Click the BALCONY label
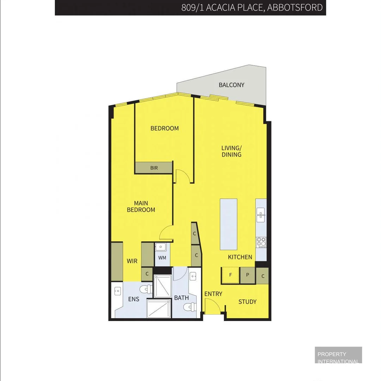[x=231, y=85]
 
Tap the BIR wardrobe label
[x=154, y=168]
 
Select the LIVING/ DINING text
[x=231, y=151]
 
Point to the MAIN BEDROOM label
[x=141, y=206]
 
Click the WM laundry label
[x=162, y=258]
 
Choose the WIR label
[x=132, y=261]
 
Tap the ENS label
[x=134, y=299]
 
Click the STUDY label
[x=247, y=302]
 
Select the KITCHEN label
[x=240, y=257]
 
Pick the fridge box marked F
[x=231, y=275]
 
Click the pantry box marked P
[x=247, y=275]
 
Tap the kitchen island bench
[x=228, y=224]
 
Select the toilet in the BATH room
[x=189, y=307]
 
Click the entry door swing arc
[x=212, y=306]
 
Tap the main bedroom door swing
[x=166, y=233]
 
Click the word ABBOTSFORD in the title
[x=295, y=7]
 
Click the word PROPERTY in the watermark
[x=332, y=354]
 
